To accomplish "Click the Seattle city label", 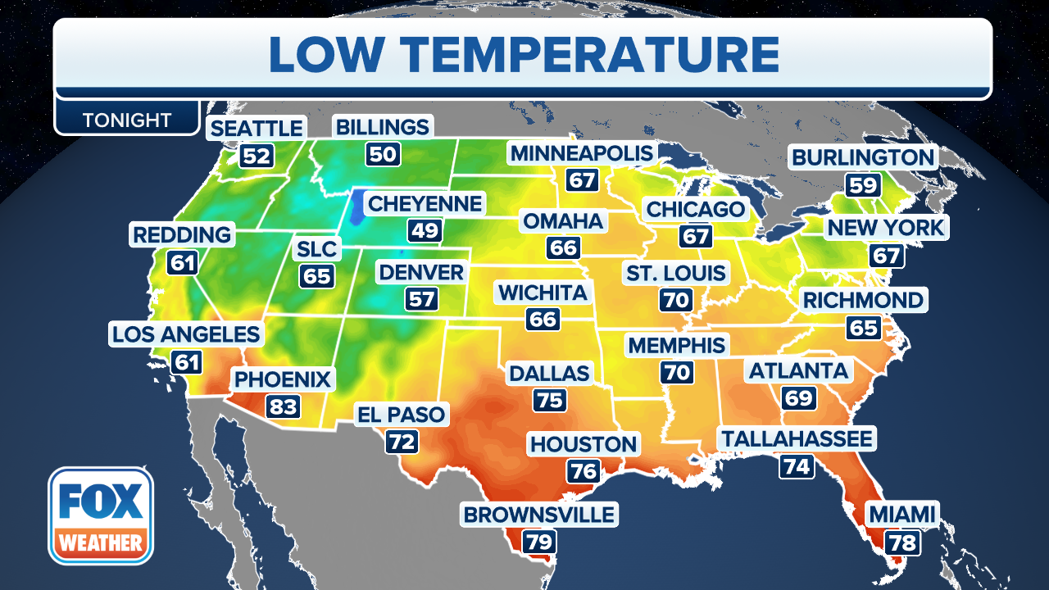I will click(257, 129).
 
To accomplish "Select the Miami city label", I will click(901, 515).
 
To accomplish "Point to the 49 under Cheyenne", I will click(425, 230).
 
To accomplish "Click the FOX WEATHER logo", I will click(101, 515).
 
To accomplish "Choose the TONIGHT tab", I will click(127, 120).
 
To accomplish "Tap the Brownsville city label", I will click(538, 515).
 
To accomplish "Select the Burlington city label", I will click(862, 157).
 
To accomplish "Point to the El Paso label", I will click(401, 415).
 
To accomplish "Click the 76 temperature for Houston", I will click(583, 471).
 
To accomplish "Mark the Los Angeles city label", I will click(186, 334).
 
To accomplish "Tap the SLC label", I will click(316, 248).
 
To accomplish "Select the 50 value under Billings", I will click(381, 154).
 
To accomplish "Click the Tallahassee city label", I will click(797, 438).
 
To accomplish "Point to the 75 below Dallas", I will click(549, 400).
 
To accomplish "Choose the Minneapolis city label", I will click(582, 153).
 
